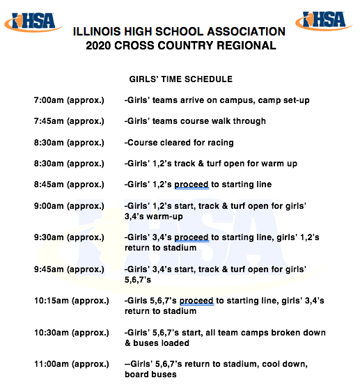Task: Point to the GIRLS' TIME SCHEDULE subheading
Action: pos(180,79)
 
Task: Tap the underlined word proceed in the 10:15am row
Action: pos(196,301)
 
